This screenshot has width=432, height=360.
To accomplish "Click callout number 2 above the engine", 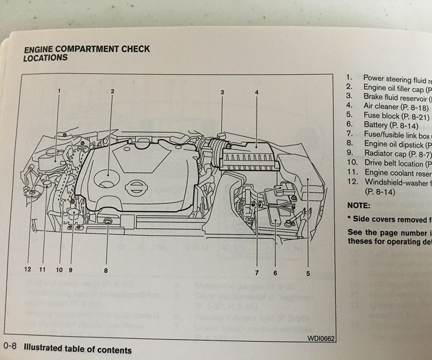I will [112, 91].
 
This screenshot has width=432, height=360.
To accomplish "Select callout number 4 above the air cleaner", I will [256, 92].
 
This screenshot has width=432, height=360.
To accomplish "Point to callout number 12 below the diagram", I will [28, 269].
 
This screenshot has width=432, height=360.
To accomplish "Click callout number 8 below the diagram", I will [106, 270].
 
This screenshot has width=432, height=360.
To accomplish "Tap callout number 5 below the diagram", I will [308, 273].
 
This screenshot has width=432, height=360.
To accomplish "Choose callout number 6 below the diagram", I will [275, 272].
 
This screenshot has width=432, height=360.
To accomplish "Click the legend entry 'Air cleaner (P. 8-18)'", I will [395, 106].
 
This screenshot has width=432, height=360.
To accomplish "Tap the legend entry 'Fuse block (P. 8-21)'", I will [395, 115].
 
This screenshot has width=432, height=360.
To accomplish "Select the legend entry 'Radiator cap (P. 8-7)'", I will [395, 153].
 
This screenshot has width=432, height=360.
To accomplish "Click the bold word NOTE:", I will [358, 205].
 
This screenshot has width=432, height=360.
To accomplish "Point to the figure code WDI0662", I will [320, 338].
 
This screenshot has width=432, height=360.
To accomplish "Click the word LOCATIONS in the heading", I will [45, 58].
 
